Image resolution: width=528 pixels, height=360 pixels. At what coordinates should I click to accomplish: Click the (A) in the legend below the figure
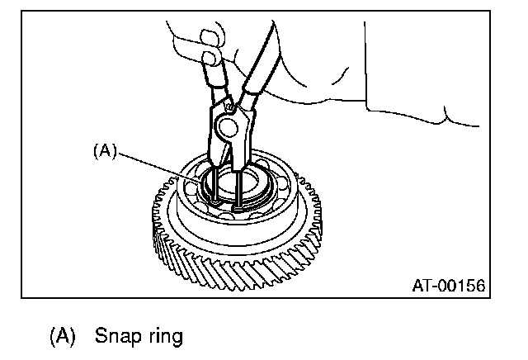[x=62, y=336]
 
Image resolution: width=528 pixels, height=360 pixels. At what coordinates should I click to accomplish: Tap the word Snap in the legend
[x=116, y=336]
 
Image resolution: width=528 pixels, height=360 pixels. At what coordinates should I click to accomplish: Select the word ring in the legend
[x=155, y=337]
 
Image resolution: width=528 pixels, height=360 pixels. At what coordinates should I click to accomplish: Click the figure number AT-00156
[x=448, y=285]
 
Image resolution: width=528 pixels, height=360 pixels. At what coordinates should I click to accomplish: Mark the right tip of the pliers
[x=238, y=198]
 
